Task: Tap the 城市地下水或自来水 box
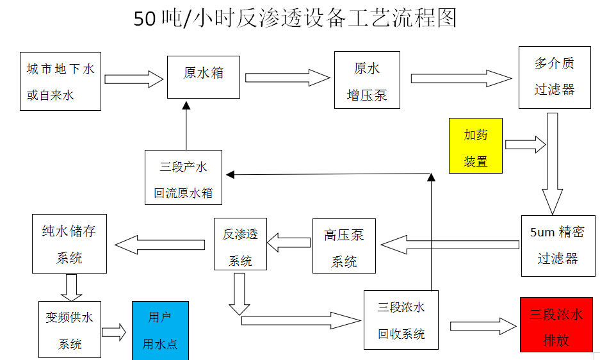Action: [60, 81]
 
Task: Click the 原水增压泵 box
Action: [367, 80]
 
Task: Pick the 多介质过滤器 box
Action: [554, 77]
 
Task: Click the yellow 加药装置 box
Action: [475, 145]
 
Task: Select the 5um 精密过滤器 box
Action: [557, 245]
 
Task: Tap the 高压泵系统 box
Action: [344, 246]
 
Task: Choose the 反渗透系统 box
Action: [240, 244]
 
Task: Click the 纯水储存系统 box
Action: [69, 244]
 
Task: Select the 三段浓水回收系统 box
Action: [401, 320]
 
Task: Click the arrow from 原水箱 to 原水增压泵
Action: [288, 78]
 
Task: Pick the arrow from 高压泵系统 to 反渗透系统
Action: [289, 243]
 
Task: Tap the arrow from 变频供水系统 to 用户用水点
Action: [114, 332]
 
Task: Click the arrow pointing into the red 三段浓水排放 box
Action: [483, 326]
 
